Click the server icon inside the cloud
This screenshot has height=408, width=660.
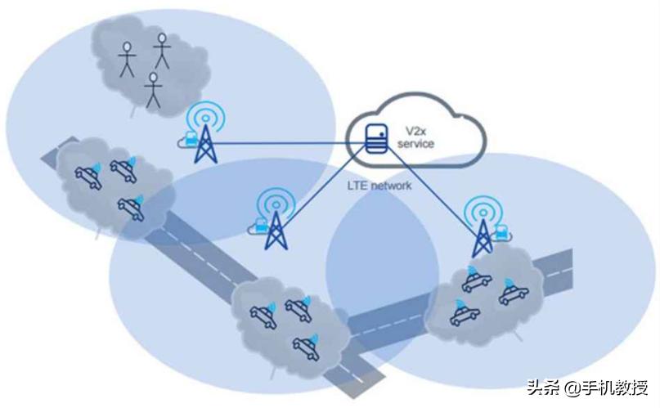(x=377, y=138)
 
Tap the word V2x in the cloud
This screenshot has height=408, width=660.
(x=415, y=132)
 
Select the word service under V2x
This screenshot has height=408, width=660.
(x=415, y=144)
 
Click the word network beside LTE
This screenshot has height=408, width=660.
(x=392, y=186)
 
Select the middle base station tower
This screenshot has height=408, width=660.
(x=276, y=230)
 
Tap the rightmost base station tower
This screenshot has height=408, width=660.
(x=483, y=239)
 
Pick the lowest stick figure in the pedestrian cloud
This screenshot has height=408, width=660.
(x=153, y=90)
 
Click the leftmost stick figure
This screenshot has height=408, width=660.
(x=127, y=59)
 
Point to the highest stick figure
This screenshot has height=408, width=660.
(x=162, y=51)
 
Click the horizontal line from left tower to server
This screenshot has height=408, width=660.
(x=290, y=144)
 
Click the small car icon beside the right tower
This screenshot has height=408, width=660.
(x=501, y=232)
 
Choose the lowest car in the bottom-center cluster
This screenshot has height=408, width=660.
(x=306, y=348)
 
